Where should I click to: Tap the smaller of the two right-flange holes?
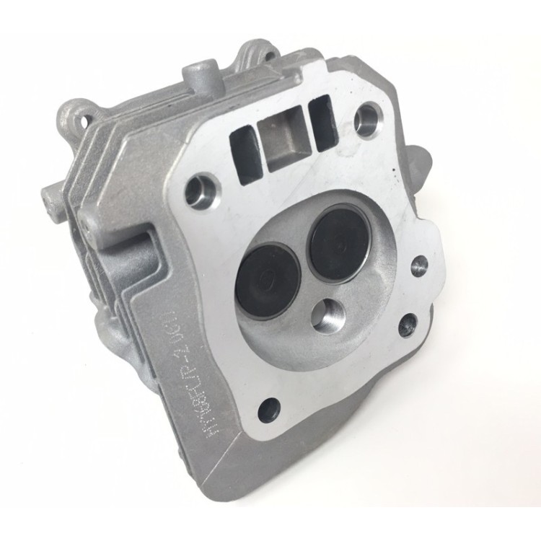pos(420,266)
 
